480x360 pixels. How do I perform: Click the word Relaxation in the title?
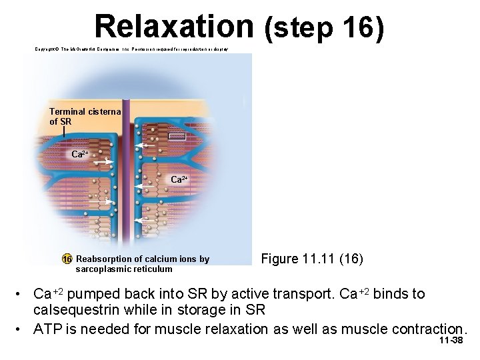pos(173,26)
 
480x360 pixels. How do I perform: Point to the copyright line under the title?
pos(131,49)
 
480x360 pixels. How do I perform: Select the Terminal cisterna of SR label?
pos(83,117)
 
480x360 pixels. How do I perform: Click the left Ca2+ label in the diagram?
pos(81,154)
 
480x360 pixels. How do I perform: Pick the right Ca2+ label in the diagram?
pos(180,179)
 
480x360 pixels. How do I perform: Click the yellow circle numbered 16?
pos(67,259)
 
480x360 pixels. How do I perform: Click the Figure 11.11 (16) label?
pos(312,259)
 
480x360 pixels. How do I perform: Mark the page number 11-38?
pos(451,341)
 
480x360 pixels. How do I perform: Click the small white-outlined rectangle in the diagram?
pos(177,136)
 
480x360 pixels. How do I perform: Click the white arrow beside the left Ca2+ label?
pos(103,161)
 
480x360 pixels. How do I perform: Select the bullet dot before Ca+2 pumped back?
pos(21,294)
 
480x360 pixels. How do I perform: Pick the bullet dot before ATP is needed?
pos(21,329)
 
